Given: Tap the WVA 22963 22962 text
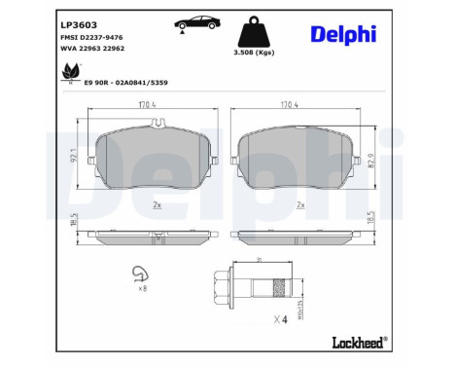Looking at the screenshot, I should coord(95,47).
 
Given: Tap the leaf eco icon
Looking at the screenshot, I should coord(69,72).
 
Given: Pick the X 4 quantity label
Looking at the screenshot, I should coord(280,319).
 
